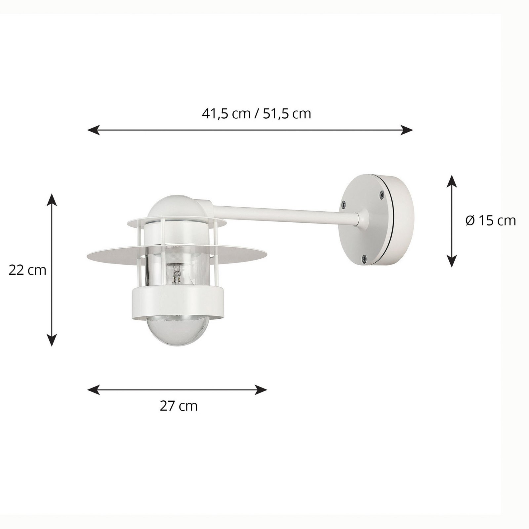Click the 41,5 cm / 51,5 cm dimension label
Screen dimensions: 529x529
pyautogui.click(x=256, y=114)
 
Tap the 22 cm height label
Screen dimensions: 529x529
pyautogui.click(x=27, y=270)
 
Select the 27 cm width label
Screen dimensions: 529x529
pyautogui.click(x=179, y=406)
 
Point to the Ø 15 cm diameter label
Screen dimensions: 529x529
pyautogui.click(x=490, y=221)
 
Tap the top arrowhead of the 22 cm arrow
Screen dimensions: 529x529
pyautogui.click(x=52, y=199)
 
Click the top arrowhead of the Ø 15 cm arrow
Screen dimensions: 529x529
pyautogui.click(x=452, y=181)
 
